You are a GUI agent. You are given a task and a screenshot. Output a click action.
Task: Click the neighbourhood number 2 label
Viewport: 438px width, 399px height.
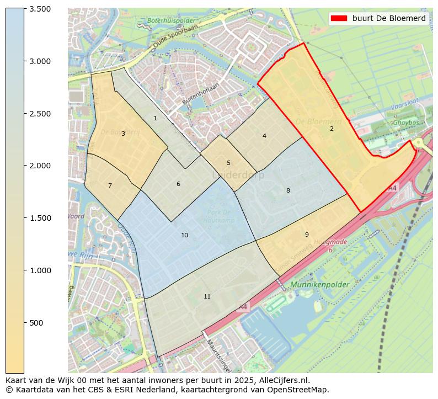[332, 129]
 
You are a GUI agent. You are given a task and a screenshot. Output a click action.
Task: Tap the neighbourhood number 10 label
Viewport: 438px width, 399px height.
[184, 235]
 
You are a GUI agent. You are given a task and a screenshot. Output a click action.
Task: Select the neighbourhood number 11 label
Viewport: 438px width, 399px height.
[207, 296]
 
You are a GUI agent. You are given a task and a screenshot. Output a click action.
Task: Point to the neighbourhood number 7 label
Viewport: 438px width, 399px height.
[110, 185]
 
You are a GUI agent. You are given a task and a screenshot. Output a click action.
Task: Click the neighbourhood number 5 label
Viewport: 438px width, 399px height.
[228, 163]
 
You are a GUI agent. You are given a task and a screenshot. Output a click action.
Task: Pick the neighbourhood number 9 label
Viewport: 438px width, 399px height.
[307, 235]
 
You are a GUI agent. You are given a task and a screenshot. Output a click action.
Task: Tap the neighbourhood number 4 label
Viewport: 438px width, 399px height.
[264, 136]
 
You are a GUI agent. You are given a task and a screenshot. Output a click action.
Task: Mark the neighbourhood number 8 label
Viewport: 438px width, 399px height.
[287, 190]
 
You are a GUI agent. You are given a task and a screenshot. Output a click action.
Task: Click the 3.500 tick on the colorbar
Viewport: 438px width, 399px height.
[40, 9]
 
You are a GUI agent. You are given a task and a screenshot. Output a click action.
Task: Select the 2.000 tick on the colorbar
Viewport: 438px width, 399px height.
[40, 166]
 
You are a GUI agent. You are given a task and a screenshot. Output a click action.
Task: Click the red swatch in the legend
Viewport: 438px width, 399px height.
[339, 18]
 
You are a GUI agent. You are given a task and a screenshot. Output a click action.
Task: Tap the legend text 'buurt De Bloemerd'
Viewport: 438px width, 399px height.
[389, 18]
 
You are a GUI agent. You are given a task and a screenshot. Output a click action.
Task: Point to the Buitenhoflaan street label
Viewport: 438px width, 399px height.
[200, 94]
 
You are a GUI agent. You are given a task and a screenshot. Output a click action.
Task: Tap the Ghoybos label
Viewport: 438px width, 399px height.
[405, 123]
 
